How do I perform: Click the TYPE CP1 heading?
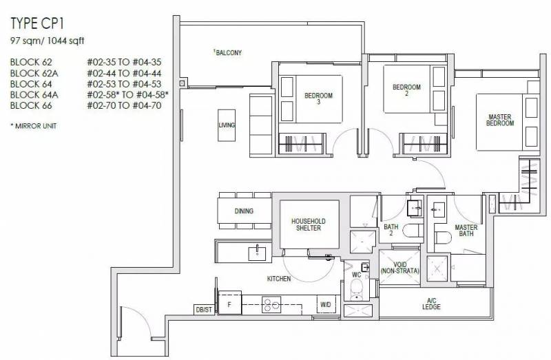(37, 23)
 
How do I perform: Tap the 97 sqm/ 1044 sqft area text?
(48, 41)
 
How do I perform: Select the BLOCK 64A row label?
(34, 95)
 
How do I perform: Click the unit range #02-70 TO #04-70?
(124, 105)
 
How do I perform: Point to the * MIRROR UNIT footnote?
(33, 126)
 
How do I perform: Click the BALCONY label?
(228, 53)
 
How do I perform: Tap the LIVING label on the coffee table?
(227, 125)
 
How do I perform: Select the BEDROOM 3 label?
(318, 98)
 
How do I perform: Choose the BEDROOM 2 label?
(406, 90)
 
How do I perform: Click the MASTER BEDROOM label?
(500, 120)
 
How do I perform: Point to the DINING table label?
(244, 211)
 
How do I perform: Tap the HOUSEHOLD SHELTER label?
(308, 224)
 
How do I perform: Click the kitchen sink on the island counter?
(257, 253)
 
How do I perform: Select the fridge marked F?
(230, 302)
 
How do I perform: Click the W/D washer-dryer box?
(326, 304)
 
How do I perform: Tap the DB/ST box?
(204, 310)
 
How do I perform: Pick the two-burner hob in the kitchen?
(271, 304)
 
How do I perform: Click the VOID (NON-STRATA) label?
(400, 268)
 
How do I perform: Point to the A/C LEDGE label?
(432, 304)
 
